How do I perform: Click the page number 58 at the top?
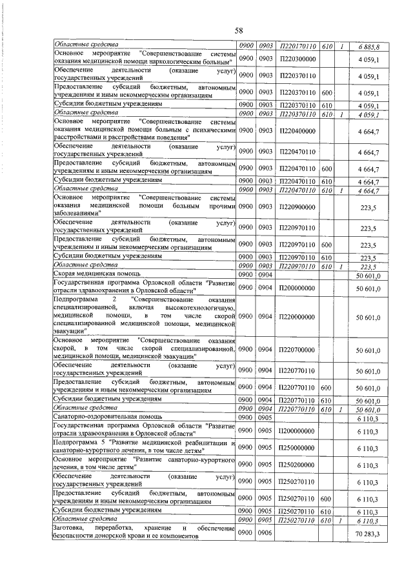coord(238,30)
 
